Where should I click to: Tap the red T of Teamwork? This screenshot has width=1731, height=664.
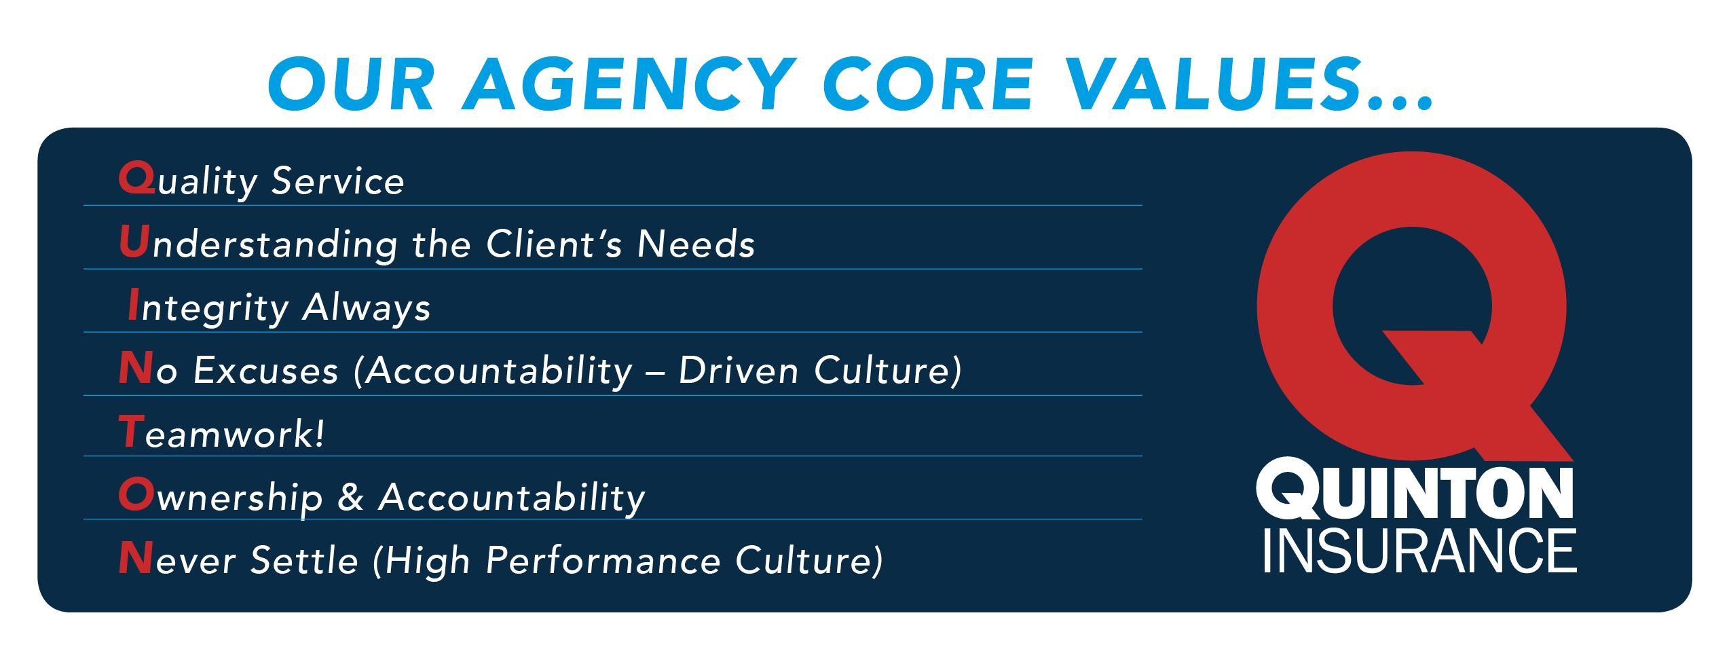(x=130, y=433)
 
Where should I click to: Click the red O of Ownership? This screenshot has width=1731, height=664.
(x=134, y=496)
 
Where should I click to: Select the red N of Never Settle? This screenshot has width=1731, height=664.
(x=134, y=560)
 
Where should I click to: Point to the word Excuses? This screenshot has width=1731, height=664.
(x=265, y=371)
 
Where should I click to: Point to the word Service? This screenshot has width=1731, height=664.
(x=337, y=181)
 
